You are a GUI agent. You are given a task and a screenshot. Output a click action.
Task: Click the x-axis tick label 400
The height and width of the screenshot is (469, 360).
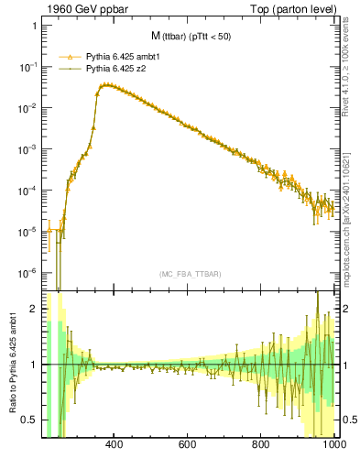115,446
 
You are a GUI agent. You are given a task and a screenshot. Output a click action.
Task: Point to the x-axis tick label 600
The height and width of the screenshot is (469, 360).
187,446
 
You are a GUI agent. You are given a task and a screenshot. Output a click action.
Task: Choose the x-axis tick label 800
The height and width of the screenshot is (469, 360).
260,446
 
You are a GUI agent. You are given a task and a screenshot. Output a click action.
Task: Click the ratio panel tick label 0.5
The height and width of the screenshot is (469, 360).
28,420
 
